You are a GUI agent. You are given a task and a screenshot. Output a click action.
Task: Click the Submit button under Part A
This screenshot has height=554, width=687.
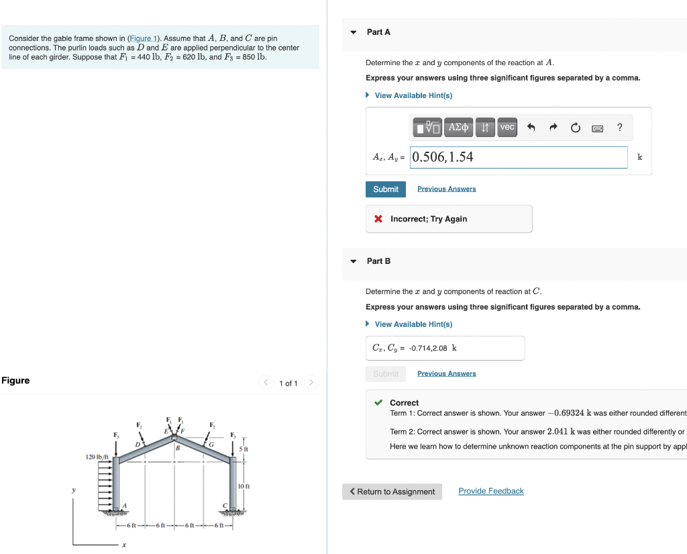tap(386, 189)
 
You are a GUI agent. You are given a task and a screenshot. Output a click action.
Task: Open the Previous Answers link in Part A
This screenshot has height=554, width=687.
tap(446, 189)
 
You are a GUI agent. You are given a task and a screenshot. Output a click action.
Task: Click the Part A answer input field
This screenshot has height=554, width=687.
tap(519, 157)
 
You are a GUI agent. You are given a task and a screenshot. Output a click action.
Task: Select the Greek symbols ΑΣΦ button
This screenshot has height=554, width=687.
tap(459, 127)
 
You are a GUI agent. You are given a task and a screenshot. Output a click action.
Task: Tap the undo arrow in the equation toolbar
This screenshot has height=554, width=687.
tap(531, 128)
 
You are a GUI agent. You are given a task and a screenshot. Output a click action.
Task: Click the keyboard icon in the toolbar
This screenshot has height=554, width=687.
tap(596, 128)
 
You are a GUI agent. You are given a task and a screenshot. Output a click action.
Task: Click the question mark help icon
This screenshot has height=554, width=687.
tap(619, 128)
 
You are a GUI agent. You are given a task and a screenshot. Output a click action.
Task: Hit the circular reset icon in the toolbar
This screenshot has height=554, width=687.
tap(575, 128)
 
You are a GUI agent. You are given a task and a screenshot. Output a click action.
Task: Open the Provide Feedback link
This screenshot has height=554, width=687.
tap(490, 492)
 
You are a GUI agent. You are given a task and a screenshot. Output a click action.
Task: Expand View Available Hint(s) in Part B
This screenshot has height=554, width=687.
tap(413, 324)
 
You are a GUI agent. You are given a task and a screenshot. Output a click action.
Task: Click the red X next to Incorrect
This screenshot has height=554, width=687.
tap(378, 219)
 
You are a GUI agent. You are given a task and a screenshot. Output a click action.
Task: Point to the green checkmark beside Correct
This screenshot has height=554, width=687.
tap(378, 403)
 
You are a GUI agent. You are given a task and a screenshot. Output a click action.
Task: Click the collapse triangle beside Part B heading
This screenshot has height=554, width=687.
tap(354, 261)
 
